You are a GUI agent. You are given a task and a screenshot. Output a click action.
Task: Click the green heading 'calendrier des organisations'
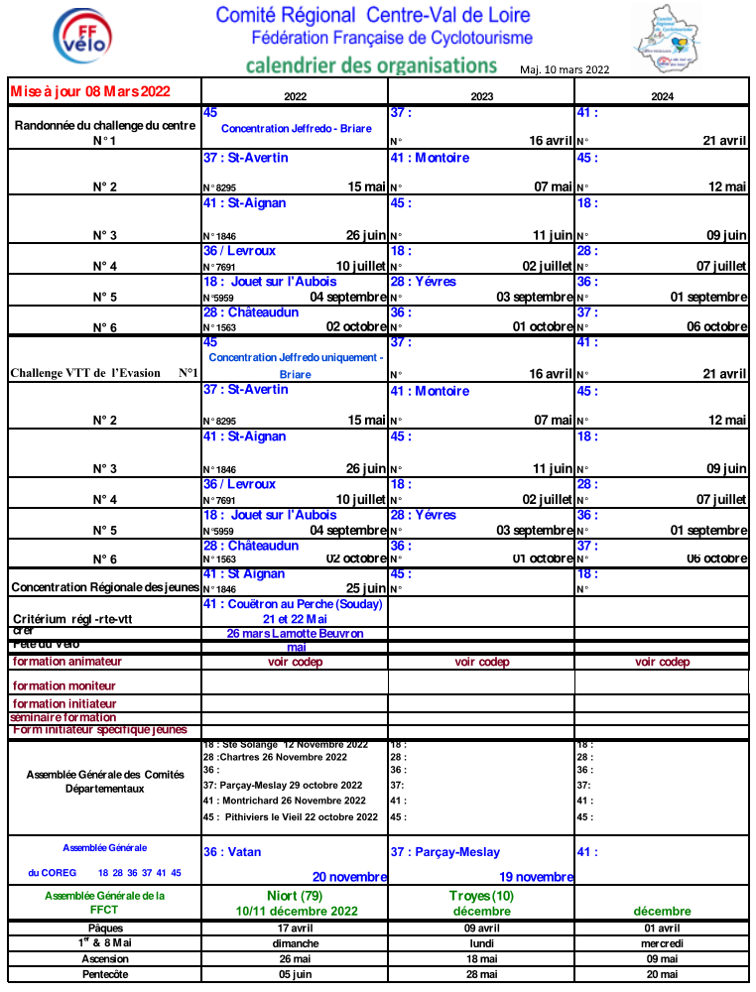(371, 65)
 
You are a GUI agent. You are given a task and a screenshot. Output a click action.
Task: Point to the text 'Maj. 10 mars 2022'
(565, 69)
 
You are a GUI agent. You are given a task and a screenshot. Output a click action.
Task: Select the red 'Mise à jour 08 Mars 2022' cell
(90, 91)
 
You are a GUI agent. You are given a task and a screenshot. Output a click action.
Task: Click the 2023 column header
(481, 96)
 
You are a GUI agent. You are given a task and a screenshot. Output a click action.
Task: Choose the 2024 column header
(662, 96)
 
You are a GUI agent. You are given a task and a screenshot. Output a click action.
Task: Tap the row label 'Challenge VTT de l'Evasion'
(104, 373)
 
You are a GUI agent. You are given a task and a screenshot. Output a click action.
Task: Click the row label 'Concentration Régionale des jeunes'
(104, 587)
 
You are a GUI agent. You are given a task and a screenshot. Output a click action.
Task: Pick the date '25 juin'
(366, 588)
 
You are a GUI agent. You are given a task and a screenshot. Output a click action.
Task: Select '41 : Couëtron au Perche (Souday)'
(293, 603)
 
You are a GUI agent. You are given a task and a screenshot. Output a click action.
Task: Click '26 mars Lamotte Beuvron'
(295, 633)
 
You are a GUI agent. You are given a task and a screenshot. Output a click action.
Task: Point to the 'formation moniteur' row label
(63, 685)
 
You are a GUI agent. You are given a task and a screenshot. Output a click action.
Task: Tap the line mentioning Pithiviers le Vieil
(291, 817)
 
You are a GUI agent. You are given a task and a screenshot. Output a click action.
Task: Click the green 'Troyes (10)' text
(481, 896)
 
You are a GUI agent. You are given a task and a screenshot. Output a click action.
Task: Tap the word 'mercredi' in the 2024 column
(662, 943)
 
